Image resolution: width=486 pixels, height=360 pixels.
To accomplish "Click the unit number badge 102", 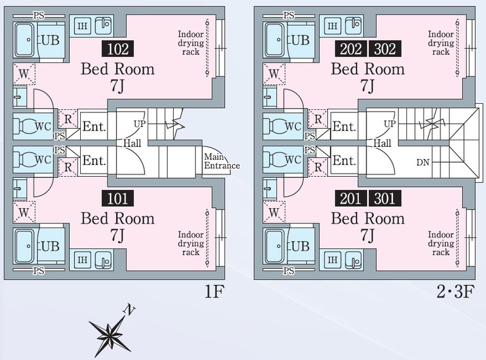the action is [118, 49].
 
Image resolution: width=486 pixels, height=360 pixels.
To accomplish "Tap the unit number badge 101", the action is [118, 199].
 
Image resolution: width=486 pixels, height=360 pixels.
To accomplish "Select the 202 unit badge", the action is [351, 49].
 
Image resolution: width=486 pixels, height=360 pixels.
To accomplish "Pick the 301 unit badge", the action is [385, 199].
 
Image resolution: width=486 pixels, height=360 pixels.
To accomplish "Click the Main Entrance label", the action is [222, 161].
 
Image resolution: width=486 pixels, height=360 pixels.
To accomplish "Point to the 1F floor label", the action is [214, 291].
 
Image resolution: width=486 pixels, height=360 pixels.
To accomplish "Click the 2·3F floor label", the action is [455, 291].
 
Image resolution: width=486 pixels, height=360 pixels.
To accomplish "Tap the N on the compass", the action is [129, 309].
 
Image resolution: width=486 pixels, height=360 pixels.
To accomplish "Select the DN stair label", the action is [423, 162].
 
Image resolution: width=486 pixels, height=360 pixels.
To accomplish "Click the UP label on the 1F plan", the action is [140, 124].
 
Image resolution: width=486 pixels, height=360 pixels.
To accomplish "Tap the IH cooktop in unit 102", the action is [83, 25].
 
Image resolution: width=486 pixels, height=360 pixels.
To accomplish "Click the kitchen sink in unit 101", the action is [103, 259].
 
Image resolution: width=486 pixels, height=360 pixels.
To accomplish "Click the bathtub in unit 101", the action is [25, 246].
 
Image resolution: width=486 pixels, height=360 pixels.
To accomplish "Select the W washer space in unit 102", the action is [24, 73].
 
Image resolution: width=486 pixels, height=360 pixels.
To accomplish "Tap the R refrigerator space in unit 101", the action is [68, 168].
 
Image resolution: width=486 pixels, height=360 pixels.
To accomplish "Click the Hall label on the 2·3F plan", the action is [382, 143].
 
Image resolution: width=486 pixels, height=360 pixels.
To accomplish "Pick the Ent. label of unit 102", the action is [94, 127].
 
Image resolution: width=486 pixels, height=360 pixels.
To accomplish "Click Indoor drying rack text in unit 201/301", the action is [441, 243].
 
